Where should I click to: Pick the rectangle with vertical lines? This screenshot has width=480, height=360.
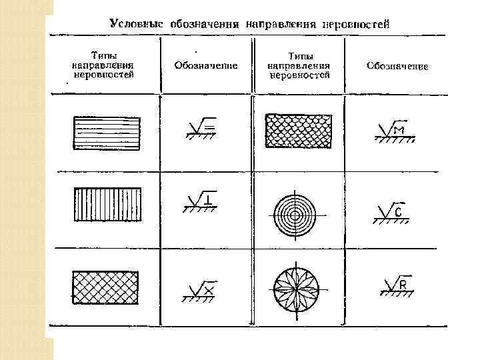click(x=106, y=204)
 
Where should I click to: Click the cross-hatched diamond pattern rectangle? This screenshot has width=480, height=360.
click(x=105, y=287)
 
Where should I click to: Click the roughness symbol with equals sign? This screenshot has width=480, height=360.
click(x=199, y=128)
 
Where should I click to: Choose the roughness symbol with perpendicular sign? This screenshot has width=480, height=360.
click(x=199, y=201)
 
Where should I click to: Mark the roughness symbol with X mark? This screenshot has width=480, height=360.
click(x=199, y=289)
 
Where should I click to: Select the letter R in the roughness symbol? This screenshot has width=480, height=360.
click(x=403, y=286)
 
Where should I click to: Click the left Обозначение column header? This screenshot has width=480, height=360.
click(x=206, y=65)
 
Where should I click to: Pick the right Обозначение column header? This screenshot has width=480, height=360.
click(x=397, y=66)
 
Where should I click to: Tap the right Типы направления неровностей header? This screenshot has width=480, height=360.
click(x=299, y=66)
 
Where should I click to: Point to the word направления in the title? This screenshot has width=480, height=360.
click(x=281, y=23)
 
